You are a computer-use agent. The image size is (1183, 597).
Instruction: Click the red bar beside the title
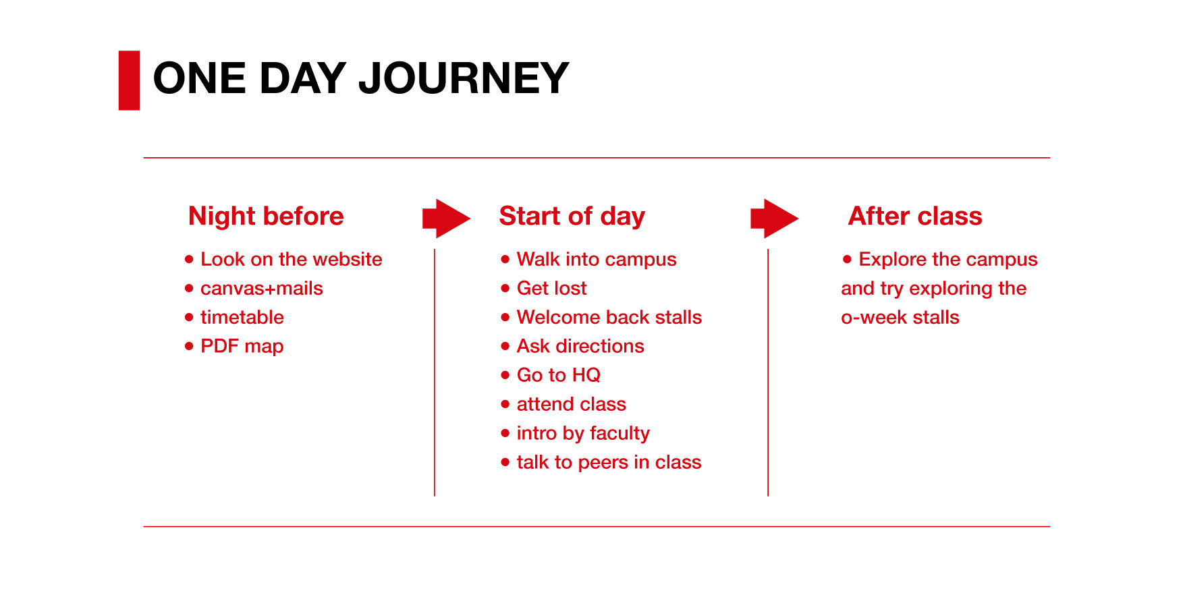pyautogui.click(x=129, y=80)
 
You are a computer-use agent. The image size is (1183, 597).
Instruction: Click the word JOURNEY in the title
pyautogui.click(x=464, y=78)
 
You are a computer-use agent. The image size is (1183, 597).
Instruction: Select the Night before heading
pyautogui.click(x=266, y=217)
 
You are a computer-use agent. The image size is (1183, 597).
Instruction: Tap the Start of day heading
pyautogui.click(x=572, y=217)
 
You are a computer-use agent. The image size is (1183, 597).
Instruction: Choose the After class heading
pyautogui.click(x=915, y=216)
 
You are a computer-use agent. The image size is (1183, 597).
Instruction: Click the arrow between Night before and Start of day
pyautogui.click(x=446, y=219)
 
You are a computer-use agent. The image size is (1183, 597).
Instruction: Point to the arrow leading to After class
pyautogui.click(x=774, y=219)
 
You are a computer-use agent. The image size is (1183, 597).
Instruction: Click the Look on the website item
pyautogui.click(x=292, y=259)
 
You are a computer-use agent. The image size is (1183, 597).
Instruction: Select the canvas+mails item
pyautogui.click(x=262, y=288)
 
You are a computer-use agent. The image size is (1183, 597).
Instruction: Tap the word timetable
pyautogui.click(x=242, y=317)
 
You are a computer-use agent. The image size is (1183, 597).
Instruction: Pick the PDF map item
pyautogui.click(x=242, y=347)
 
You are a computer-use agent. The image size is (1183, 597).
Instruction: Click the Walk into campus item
pyautogui.click(x=597, y=260)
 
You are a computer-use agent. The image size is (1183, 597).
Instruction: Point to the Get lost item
pyautogui.click(x=552, y=289)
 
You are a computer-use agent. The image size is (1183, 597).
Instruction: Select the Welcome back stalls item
pyautogui.click(x=609, y=317)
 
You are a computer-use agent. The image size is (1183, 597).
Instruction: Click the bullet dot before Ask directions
pyautogui.click(x=505, y=346)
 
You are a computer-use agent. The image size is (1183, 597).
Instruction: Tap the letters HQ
pyautogui.click(x=586, y=375)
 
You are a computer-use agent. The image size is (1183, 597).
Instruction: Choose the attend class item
pyautogui.click(x=572, y=404)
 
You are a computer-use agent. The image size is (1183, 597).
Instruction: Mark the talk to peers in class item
pyautogui.click(x=609, y=462)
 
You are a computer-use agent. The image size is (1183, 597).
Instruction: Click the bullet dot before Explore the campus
pyautogui.click(x=848, y=259)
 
